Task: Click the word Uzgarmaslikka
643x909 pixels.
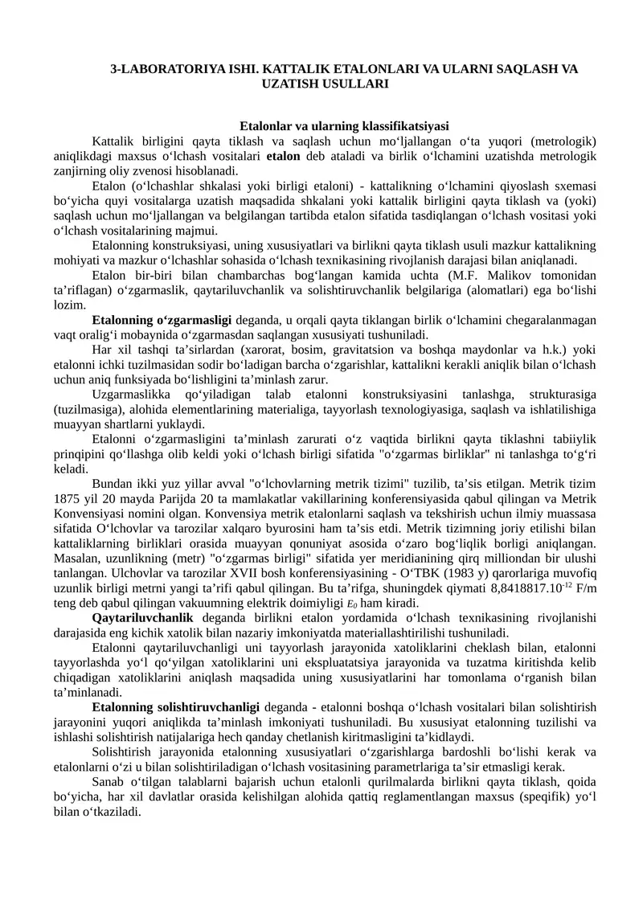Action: point(129,395)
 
